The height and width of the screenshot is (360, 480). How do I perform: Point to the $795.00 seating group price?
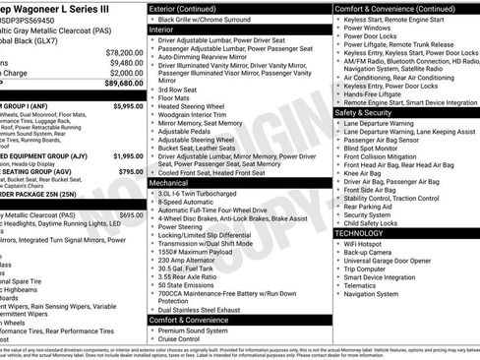128,170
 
